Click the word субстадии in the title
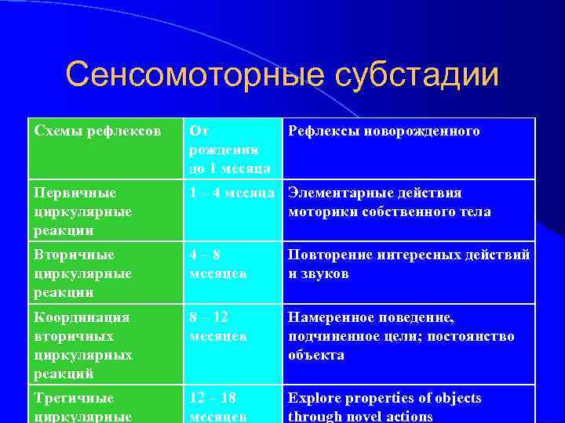pyautogui.click(x=416, y=75)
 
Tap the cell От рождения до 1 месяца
pyautogui.click(x=232, y=149)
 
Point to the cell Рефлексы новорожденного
pyautogui.click(x=408, y=148)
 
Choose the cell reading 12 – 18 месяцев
pyautogui.click(x=232, y=406)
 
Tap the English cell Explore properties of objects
pyautogui.click(x=408, y=406)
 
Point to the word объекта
pyautogui.click(x=316, y=355)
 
